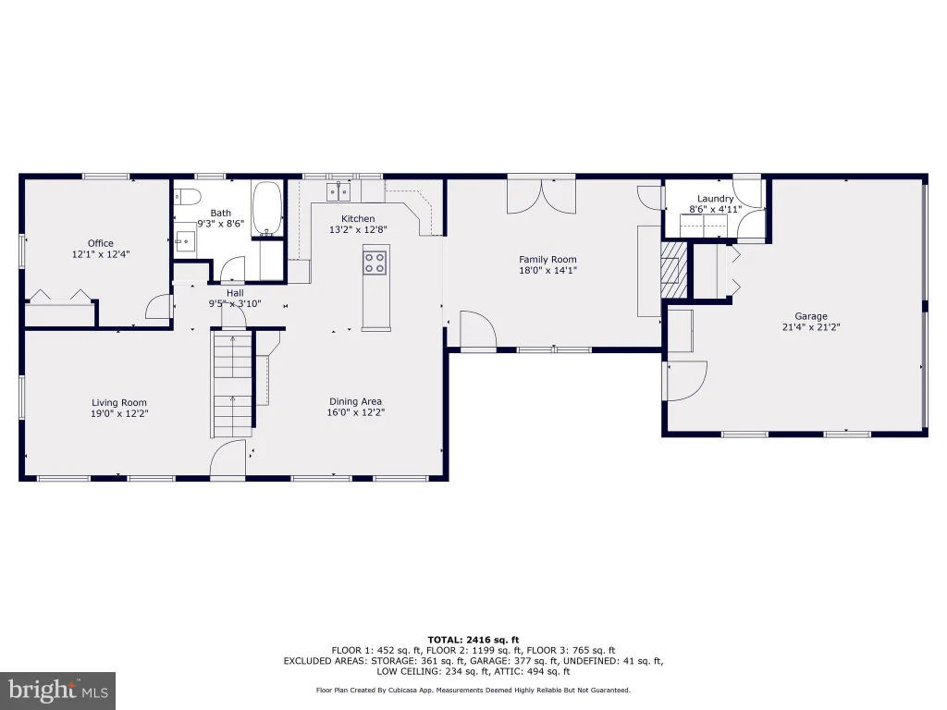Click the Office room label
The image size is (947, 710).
[100, 243]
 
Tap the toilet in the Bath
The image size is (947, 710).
[187, 197]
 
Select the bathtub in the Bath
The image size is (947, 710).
[267, 208]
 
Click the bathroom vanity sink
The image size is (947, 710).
[185, 241]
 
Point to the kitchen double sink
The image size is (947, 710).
[338, 192]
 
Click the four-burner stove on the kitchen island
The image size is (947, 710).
[375, 263]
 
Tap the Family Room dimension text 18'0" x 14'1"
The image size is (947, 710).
[547, 271]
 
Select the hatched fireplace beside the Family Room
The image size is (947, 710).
[674, 269]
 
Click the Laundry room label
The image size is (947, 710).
[715, 199]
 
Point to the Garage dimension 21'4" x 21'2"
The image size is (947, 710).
[811, 327]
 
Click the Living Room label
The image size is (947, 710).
[119, 403]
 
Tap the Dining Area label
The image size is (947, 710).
[355, 401]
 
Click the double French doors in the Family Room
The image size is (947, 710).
[541, 196]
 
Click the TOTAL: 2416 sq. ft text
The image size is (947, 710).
[473, 640]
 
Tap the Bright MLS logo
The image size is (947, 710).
[58, 691]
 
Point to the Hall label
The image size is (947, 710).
[235, 293]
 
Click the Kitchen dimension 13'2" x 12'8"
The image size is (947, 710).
[358, 229]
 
